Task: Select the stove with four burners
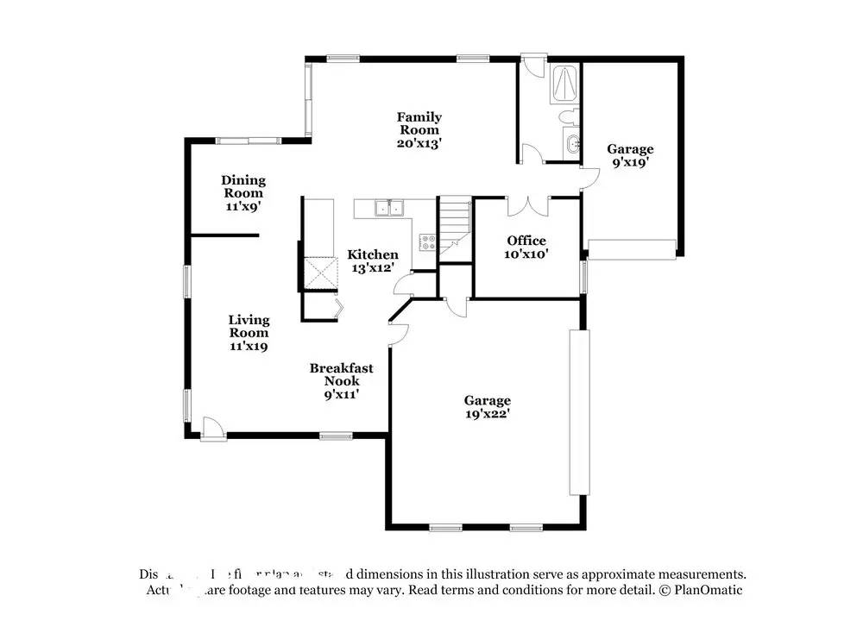pyautogui.click(x=426, y=242)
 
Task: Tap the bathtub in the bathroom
pyautogui.click(x=564, y=83)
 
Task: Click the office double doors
pyautogui.click(x=526, y=207)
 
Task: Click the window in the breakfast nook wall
pyautogui.click(x=335, y=435)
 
